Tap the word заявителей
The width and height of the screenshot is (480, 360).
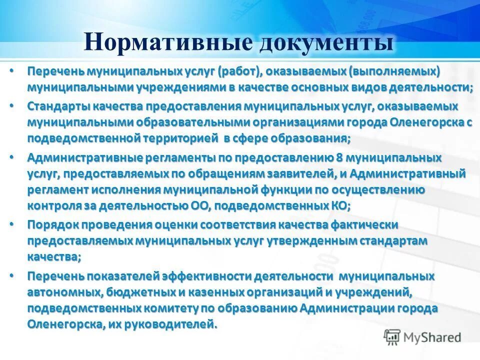(x=289, y=173)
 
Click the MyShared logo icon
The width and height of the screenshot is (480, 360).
(x=392, y=336)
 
